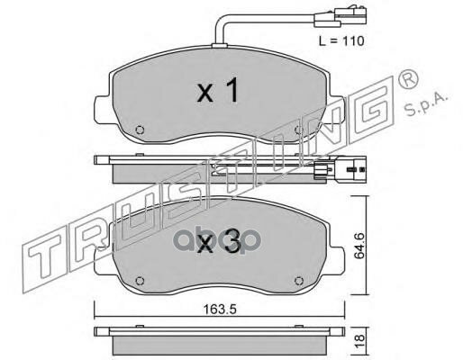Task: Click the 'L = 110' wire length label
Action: (341, 40)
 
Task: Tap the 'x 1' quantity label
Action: (217, 90)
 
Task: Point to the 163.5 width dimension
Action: (220, 309)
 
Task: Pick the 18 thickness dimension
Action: (359, 342)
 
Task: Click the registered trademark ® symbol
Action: (407, 78)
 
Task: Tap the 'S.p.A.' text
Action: (426, 103)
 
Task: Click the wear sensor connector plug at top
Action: (340, 18)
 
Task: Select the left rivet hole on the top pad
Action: (140, 130)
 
